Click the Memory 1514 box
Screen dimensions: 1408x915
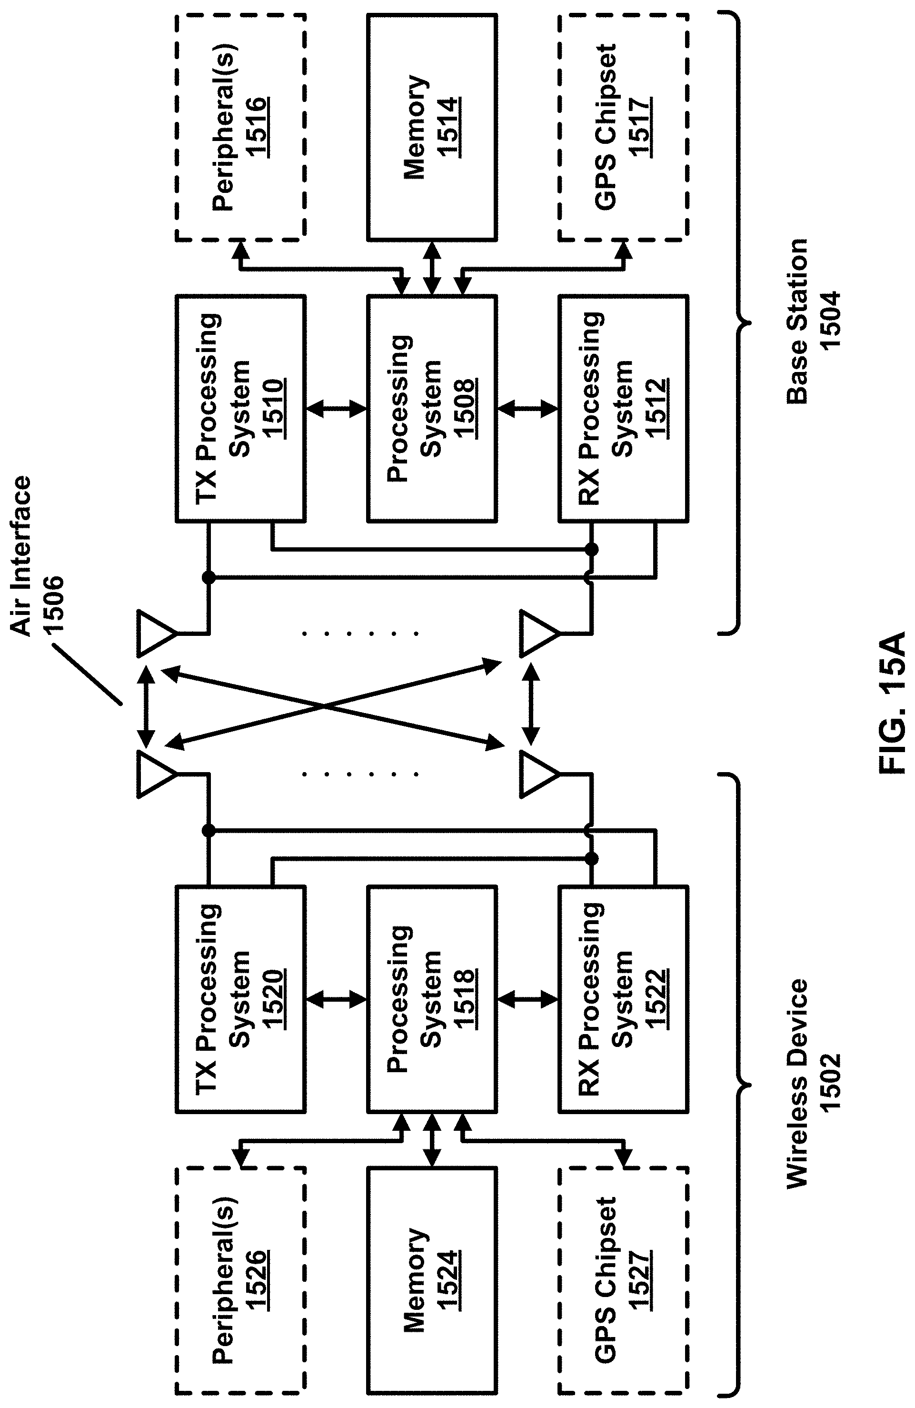coord(431,127)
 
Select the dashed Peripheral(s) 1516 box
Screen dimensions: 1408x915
coord(240,127)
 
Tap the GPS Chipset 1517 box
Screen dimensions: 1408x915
coord(623,127)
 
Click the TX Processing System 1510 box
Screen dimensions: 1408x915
coord(240,408)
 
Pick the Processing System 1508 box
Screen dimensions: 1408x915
coord(431,408)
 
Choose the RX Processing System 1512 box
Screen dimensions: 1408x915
coord(623,408)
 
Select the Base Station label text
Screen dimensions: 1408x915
coord(797,322)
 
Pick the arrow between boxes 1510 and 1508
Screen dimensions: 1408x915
coord(336,408)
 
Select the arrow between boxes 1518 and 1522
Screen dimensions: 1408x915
coord(527,1000)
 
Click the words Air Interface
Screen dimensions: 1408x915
coord(21,556)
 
